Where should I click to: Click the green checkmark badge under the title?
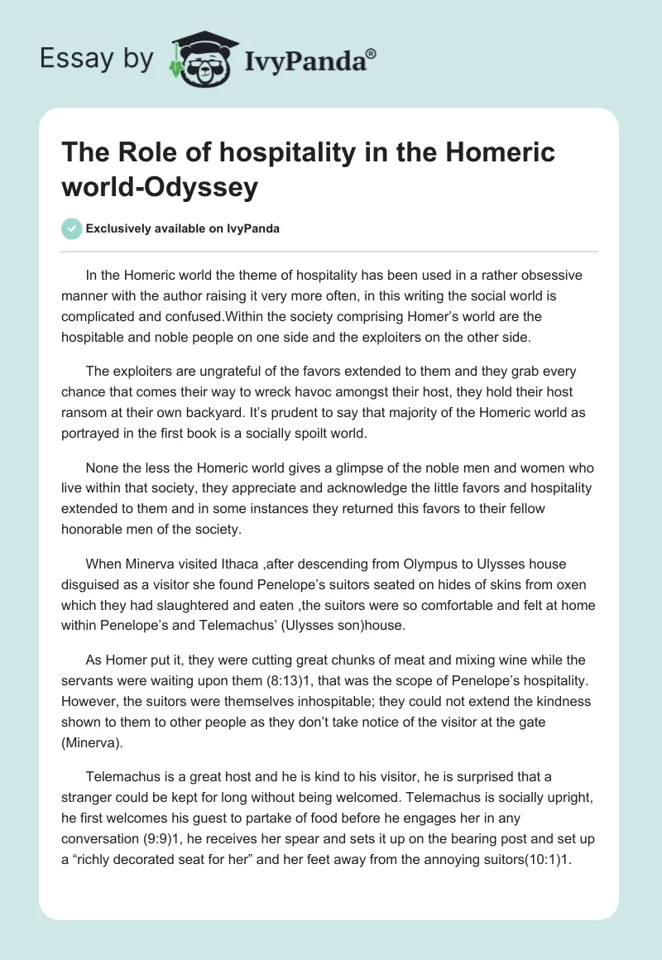(x=73, y=228)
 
